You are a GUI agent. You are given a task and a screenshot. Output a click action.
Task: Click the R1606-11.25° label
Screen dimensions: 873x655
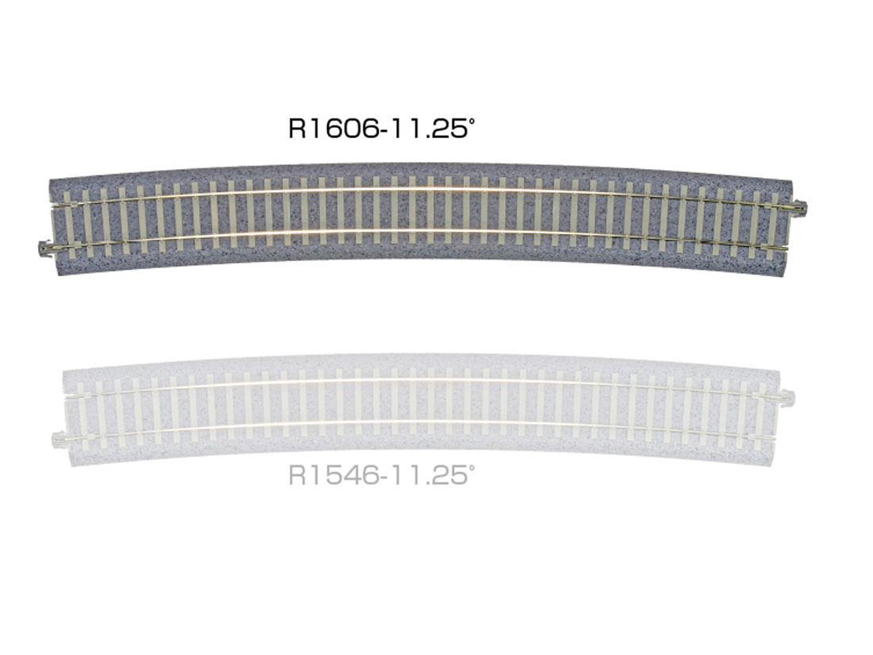[382, 128]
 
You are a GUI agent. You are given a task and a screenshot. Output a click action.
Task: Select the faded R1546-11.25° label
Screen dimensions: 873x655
[382, 475]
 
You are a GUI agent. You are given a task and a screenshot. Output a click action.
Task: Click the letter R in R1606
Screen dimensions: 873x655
[297, 129]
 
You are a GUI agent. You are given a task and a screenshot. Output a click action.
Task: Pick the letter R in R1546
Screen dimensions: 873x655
[297, 476]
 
